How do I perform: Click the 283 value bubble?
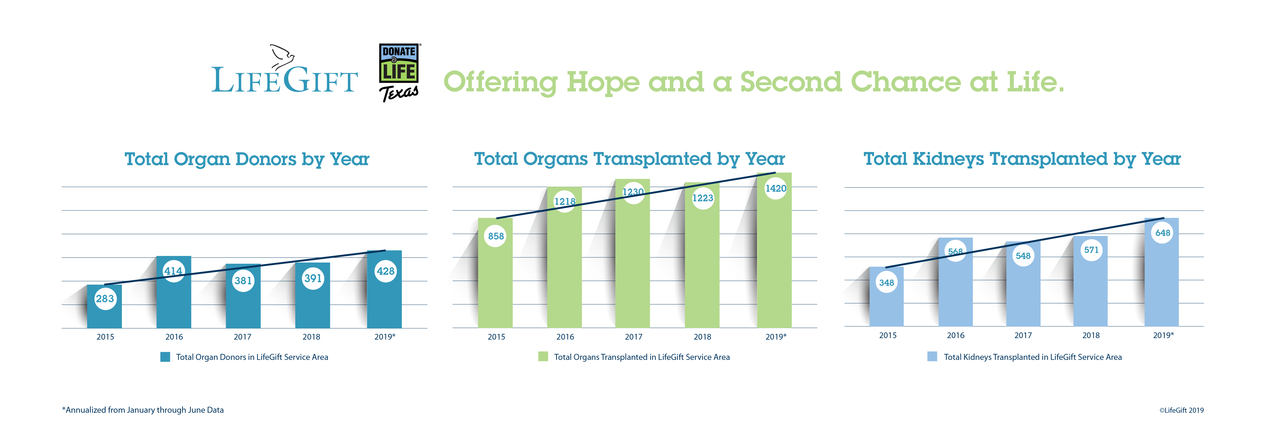tap(105, 299)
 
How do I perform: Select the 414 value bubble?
tap(173, 271)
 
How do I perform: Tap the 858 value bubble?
tap(496, 236)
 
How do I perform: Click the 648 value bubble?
tap(1162, 233)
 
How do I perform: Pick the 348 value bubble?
tap(887, 283)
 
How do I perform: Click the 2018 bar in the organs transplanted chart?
tap(702, 265)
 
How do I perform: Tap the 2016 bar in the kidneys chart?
tap(955, 294)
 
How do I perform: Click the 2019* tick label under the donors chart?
tap(385, 337)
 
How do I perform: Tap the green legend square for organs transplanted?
tap(543, 357)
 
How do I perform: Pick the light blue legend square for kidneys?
tap(932, 357)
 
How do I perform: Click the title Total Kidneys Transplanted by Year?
tap(1022, 159)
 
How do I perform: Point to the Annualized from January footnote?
tap(143, 410)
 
